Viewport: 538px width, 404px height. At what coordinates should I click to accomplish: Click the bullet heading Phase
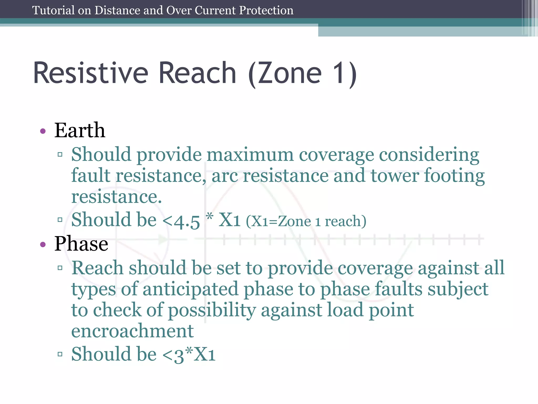[81, 244]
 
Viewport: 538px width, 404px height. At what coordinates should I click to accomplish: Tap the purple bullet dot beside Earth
[43, 131]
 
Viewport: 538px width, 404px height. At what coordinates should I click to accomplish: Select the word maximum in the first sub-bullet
[250, 155]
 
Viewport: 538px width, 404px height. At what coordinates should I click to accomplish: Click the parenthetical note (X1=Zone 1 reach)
[306, 221]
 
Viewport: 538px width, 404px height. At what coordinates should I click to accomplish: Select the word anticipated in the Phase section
[190, 289]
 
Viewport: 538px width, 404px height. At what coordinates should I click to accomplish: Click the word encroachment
[132, 331]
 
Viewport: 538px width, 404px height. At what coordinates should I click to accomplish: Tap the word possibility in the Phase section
[212, 310]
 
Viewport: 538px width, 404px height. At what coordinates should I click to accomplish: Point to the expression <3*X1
[189, 355]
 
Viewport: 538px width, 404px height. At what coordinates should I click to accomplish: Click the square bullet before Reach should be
[60, 268]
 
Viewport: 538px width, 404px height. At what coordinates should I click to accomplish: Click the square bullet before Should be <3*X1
[60, 354]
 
